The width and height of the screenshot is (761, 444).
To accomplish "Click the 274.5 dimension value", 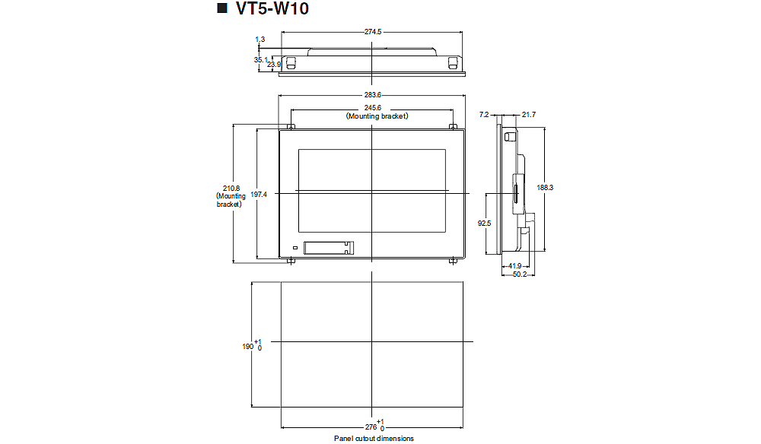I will point(372,32).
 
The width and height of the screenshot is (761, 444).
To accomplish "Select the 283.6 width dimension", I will point(372,95).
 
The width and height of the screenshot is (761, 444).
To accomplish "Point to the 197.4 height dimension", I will point(260,195).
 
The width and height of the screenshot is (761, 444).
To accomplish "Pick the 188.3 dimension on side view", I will point(544,187).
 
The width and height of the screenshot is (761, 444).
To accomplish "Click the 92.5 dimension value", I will point(483,224).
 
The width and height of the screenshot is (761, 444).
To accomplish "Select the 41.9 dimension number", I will point(515,265).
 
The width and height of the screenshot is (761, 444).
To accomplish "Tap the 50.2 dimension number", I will point(520,274).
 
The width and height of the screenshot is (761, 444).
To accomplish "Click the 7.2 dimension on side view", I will point(484,115).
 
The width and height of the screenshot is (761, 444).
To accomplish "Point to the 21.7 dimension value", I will point(529,115).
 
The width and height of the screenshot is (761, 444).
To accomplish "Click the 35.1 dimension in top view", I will point(260,59).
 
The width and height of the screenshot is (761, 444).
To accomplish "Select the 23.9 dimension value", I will point(274,65).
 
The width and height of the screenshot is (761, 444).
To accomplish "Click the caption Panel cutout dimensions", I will point(374,439).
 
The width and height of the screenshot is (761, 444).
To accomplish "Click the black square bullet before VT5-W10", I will point(222,10).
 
